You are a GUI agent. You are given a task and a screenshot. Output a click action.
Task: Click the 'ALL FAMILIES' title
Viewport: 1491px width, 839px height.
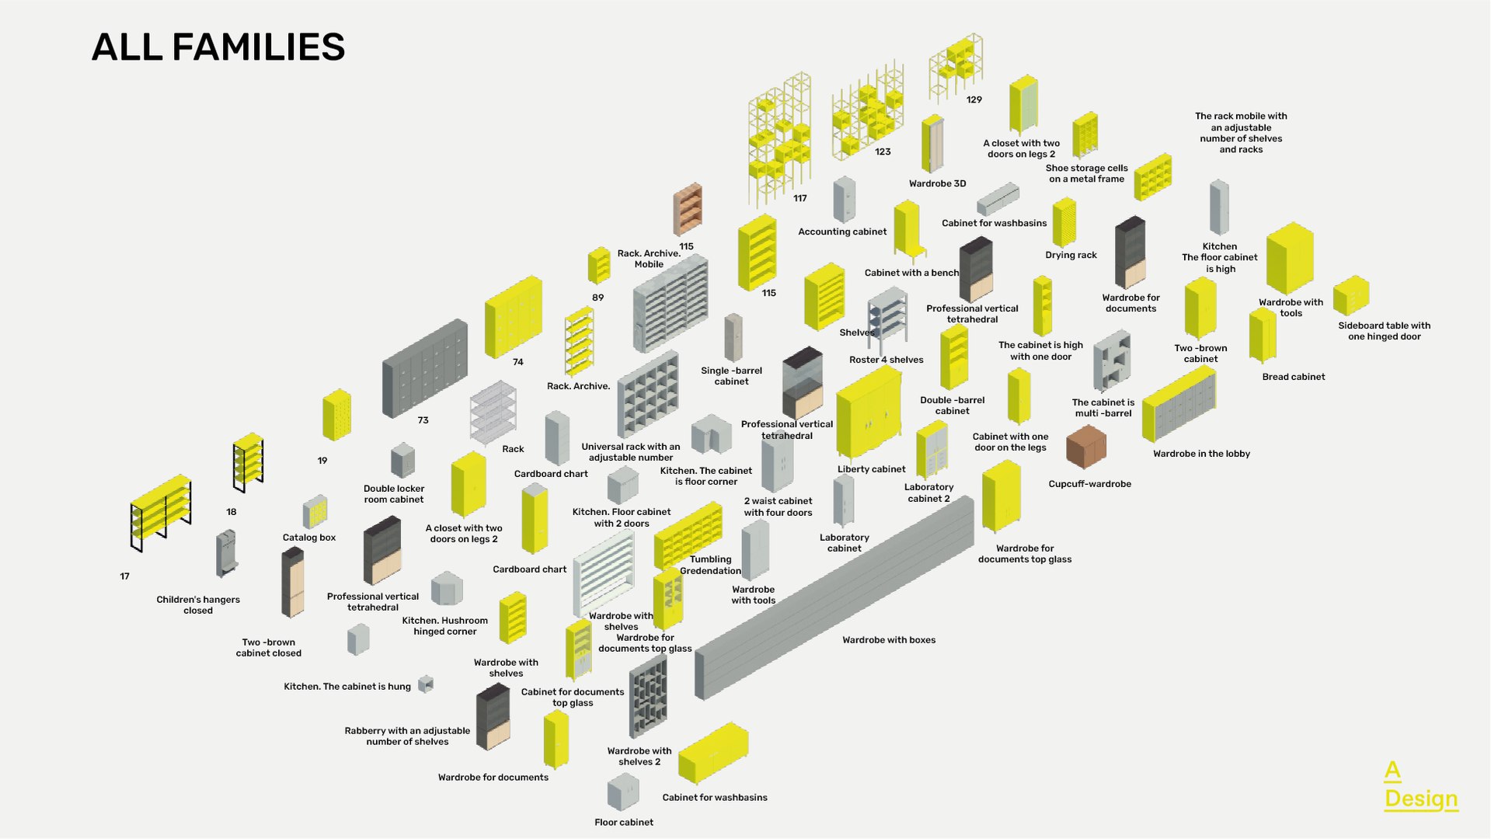coord(218,47)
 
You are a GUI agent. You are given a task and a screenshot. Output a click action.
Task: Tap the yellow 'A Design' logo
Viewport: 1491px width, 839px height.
coord(1420,786)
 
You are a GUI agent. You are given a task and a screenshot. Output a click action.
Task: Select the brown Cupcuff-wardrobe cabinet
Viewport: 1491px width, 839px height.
coord(1085,447)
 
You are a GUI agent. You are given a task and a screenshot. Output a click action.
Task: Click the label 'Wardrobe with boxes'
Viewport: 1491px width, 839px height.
coord(889,640)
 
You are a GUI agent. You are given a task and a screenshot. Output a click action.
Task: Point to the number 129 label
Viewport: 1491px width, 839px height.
coord(974,100)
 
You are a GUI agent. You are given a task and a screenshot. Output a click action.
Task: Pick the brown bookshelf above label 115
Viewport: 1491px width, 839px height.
coord(688,208)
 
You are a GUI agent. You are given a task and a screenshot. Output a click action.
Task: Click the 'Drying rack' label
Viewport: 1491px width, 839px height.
coord(1071,255)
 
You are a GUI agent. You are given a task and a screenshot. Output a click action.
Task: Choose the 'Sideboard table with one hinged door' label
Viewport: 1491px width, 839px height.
coord(1384,331)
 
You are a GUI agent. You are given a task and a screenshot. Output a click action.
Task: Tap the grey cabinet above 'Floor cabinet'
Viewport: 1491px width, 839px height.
coord(622,792)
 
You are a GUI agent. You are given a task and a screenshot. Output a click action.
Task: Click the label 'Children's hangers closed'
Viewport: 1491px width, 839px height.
coord(198,605)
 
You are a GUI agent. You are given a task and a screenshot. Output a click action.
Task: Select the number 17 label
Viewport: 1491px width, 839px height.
coord(124,576)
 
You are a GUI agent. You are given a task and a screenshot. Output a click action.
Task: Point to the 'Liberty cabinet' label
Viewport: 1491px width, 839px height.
coord(871,469)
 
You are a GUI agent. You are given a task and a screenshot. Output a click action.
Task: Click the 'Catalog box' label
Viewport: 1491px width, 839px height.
coord(309,538)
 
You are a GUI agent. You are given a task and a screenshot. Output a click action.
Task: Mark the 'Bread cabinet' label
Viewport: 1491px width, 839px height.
coord(1293,377)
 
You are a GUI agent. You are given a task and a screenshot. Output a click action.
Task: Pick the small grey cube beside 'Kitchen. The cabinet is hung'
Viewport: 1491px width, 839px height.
coord(425,684)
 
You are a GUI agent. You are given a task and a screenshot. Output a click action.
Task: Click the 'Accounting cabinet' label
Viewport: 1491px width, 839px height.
coord(842,232)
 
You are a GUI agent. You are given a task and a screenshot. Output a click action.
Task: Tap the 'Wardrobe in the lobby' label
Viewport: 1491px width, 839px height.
coord(1201,454)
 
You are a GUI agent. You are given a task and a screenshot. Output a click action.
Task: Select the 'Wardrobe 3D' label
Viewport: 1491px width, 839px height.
coord(937,184)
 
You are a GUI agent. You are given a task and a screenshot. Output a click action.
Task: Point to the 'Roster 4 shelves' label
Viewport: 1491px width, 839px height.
coord(886,360)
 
